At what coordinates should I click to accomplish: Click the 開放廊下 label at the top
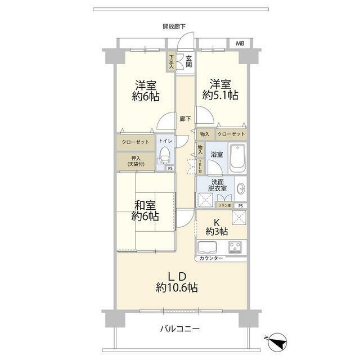(x=174, y=26)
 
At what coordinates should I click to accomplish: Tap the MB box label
(x=240, y=43)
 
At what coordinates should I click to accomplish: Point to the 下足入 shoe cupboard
(x=170, y=61)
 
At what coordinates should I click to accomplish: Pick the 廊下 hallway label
(x=185, y=119)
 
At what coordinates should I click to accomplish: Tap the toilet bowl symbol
(x=165, y=154)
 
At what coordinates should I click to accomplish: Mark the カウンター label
(x=211, y=258)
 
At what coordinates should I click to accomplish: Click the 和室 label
(x=145, y=204)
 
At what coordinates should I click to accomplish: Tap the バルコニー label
(x=179, y=329)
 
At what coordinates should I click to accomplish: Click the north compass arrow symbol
(x=277, y=340)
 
